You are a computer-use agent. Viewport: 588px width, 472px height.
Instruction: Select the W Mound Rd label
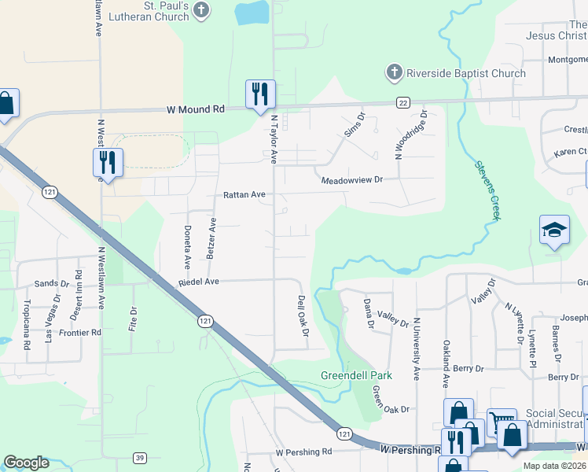point(195,110)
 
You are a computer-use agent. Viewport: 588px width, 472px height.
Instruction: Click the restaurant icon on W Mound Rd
point(259,94)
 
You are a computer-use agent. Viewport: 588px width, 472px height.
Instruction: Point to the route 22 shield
point(402,103)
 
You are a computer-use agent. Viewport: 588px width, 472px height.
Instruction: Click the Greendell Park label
point(356,375)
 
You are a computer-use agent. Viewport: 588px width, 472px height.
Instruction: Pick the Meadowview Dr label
point(351,180)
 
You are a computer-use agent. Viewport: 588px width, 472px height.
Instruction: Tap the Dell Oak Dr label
point(303,317)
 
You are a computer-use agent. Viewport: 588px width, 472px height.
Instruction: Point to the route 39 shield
point(140,458)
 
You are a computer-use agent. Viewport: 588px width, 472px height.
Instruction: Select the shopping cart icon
point(502,422)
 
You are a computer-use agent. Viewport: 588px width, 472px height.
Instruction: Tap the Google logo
point(27,463)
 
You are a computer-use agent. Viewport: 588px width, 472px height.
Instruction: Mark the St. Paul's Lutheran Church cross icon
point(202,11)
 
